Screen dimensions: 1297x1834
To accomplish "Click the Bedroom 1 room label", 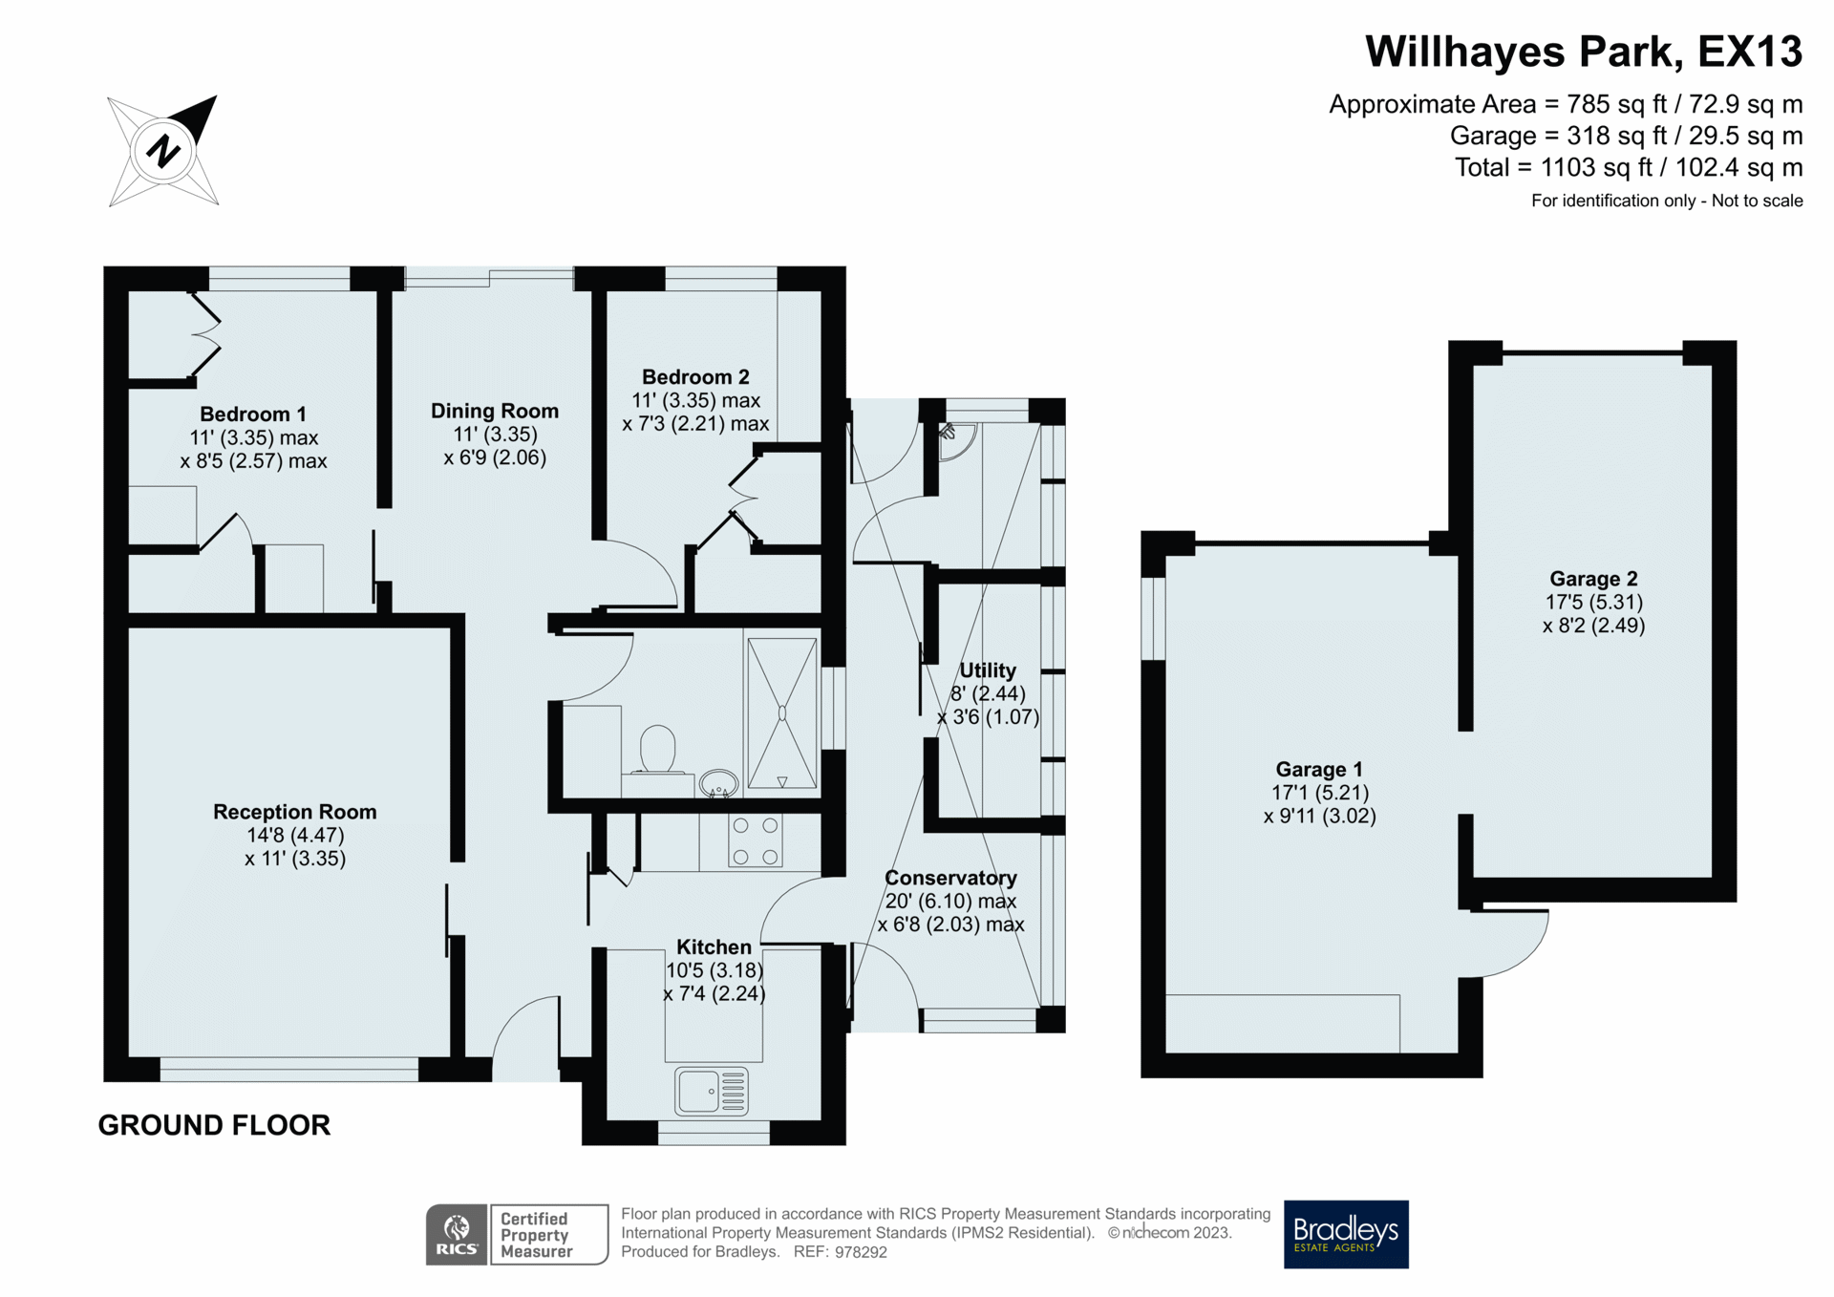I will [252, 415].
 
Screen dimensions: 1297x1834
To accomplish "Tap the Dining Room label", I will [494, 411].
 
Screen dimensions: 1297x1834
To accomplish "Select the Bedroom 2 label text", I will [694, 377].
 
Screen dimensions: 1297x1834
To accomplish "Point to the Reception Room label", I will [294, 812].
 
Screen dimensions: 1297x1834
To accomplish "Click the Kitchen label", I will [714, 947].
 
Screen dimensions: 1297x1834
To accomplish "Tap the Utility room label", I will [987, 670].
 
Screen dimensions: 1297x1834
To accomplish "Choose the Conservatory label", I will [949, 878].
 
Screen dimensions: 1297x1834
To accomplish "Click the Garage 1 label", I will [1318, 770].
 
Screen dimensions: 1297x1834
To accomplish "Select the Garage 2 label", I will [1592, 579].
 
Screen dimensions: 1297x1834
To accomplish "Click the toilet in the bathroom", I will [657, 749].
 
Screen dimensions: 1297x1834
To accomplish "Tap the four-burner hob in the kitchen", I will [755, 840].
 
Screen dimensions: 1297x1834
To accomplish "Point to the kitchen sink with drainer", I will [712, 1091].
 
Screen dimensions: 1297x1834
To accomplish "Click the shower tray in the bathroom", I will [781, 713].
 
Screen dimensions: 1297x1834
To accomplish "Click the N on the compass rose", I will [163, 151].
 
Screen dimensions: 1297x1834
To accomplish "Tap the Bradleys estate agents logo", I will [1345, 1234].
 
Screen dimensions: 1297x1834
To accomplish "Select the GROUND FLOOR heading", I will [214, 1125].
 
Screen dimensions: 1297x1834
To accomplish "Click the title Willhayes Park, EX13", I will [1583, 52].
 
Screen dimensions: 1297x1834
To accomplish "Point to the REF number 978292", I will [860, 1252].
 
